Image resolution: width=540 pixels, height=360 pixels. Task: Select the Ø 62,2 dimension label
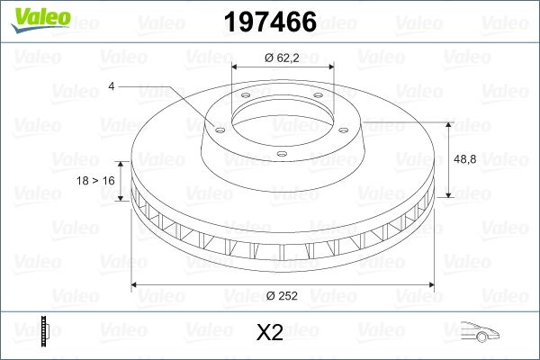coord(283,58)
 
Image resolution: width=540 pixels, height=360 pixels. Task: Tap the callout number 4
coord(111,86)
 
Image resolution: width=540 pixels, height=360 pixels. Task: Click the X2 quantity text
coord(269,333)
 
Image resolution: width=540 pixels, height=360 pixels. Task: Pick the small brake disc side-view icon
coord(44,331)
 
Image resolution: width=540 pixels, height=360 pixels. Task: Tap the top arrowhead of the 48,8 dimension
coord(448,122)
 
